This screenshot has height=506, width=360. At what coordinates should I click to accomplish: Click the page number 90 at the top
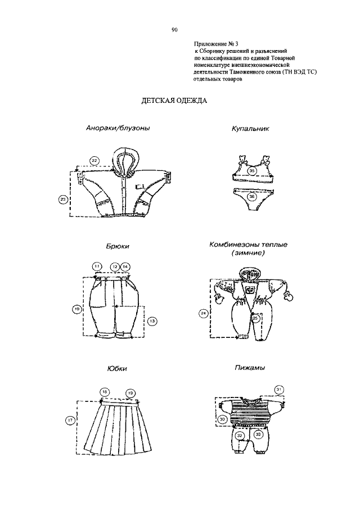click(174, 30)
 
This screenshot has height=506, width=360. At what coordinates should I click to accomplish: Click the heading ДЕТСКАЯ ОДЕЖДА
click(174, 101)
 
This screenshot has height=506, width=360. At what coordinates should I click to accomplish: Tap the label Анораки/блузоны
click(118, 128)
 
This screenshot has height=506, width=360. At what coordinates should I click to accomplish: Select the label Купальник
click(250, 129)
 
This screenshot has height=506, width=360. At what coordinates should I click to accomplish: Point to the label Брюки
click(118, 246)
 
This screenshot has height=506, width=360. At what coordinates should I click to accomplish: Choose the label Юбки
click(117, 368)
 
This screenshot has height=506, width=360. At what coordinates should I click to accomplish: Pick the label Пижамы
click(250, 368)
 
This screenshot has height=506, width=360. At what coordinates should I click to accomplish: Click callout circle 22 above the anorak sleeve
click(94, 160)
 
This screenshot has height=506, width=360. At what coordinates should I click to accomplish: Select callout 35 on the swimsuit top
click(252, 170)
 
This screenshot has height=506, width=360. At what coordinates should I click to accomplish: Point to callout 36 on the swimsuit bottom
click(252, 196)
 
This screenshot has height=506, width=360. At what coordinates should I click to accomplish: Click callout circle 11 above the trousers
click(97, 266)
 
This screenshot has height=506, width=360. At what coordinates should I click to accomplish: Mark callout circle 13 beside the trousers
click(152, 321)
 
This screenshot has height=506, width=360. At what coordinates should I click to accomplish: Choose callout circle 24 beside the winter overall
click(204, 313)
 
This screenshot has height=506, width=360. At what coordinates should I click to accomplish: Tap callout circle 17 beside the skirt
click(70, 420)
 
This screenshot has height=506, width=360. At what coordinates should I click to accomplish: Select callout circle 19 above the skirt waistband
click(130, 393)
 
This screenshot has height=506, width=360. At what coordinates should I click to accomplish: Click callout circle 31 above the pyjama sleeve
click(280, 390)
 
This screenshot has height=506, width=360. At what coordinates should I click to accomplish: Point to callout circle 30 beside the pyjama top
click(222, 419)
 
